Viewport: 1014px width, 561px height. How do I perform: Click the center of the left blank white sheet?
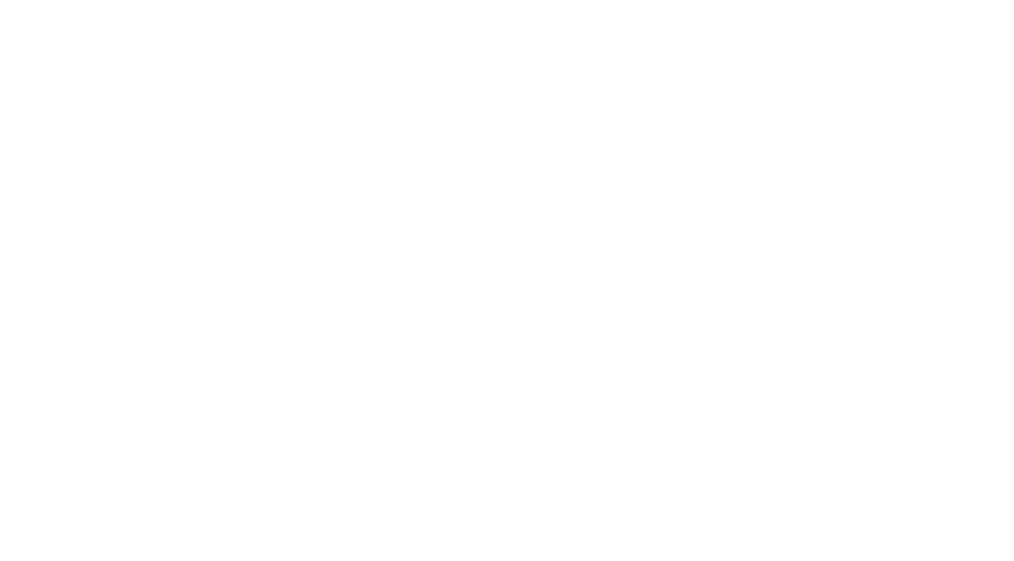(x=176, y=321)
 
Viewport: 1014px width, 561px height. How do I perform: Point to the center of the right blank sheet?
(x=836, y=320)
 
